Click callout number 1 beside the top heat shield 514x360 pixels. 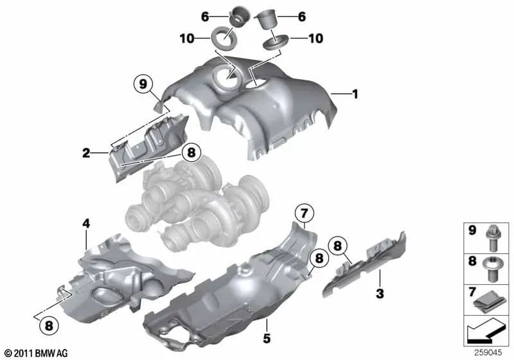coord(355,94)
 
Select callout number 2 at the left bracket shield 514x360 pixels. coord(86,153)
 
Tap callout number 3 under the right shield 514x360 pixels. coord(380,293)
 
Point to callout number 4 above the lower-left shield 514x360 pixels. coord(86,224)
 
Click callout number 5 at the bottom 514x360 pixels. coord(267,338)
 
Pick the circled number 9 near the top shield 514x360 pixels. coord(143,84)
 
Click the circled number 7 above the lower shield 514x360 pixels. coord(305,213)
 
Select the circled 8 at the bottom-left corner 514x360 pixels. coord(49,326)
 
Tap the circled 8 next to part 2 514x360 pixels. coord(191,152)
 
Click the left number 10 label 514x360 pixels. coord(187,39)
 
